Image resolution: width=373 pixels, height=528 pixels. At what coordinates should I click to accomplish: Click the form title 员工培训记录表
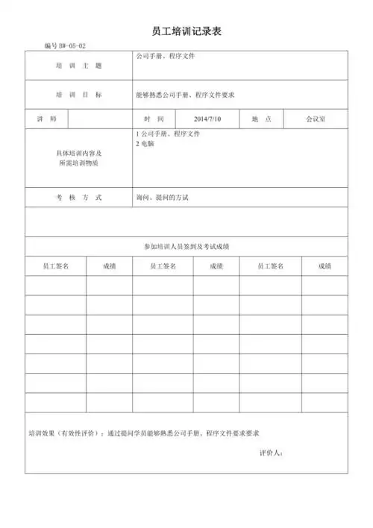[186, 31]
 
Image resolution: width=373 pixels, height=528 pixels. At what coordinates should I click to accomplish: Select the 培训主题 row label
[78, 66]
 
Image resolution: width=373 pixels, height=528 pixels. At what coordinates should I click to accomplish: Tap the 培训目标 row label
[78, 95]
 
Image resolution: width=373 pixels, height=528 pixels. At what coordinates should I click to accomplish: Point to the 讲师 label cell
[46, 119]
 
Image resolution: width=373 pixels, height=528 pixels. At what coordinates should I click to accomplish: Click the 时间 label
[154, 119]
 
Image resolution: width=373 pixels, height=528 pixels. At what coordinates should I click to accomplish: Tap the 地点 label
[261, 119]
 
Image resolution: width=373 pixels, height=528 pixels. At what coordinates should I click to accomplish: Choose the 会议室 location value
[315, 119]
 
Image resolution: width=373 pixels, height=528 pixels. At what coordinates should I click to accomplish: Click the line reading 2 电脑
[144, 142]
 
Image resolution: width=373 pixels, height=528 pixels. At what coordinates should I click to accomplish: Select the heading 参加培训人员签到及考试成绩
[186, 246]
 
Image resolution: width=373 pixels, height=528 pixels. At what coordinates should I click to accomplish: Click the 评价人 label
[271, 453]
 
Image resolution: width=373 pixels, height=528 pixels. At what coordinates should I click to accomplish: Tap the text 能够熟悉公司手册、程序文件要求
[185, 95]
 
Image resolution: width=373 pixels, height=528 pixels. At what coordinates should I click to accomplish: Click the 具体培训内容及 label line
[78, 152]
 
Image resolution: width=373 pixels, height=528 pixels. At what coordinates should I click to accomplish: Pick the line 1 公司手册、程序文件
[168, 133]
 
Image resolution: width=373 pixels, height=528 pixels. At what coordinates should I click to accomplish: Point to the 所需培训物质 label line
[78, 162]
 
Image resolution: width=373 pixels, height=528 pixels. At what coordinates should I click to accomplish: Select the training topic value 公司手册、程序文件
[166, 56]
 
